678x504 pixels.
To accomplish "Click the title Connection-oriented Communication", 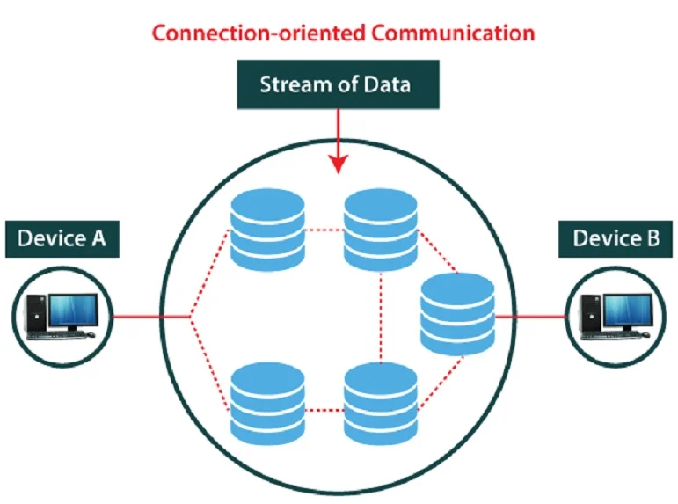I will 343,33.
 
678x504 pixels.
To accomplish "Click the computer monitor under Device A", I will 72,310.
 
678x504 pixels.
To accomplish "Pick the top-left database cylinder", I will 266,230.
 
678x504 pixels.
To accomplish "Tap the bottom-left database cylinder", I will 266,405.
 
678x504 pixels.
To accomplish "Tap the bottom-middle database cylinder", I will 380,405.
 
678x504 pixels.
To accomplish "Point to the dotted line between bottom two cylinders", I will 324,408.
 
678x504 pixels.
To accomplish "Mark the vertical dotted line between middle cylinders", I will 380,318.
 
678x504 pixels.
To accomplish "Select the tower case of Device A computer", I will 36,315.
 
